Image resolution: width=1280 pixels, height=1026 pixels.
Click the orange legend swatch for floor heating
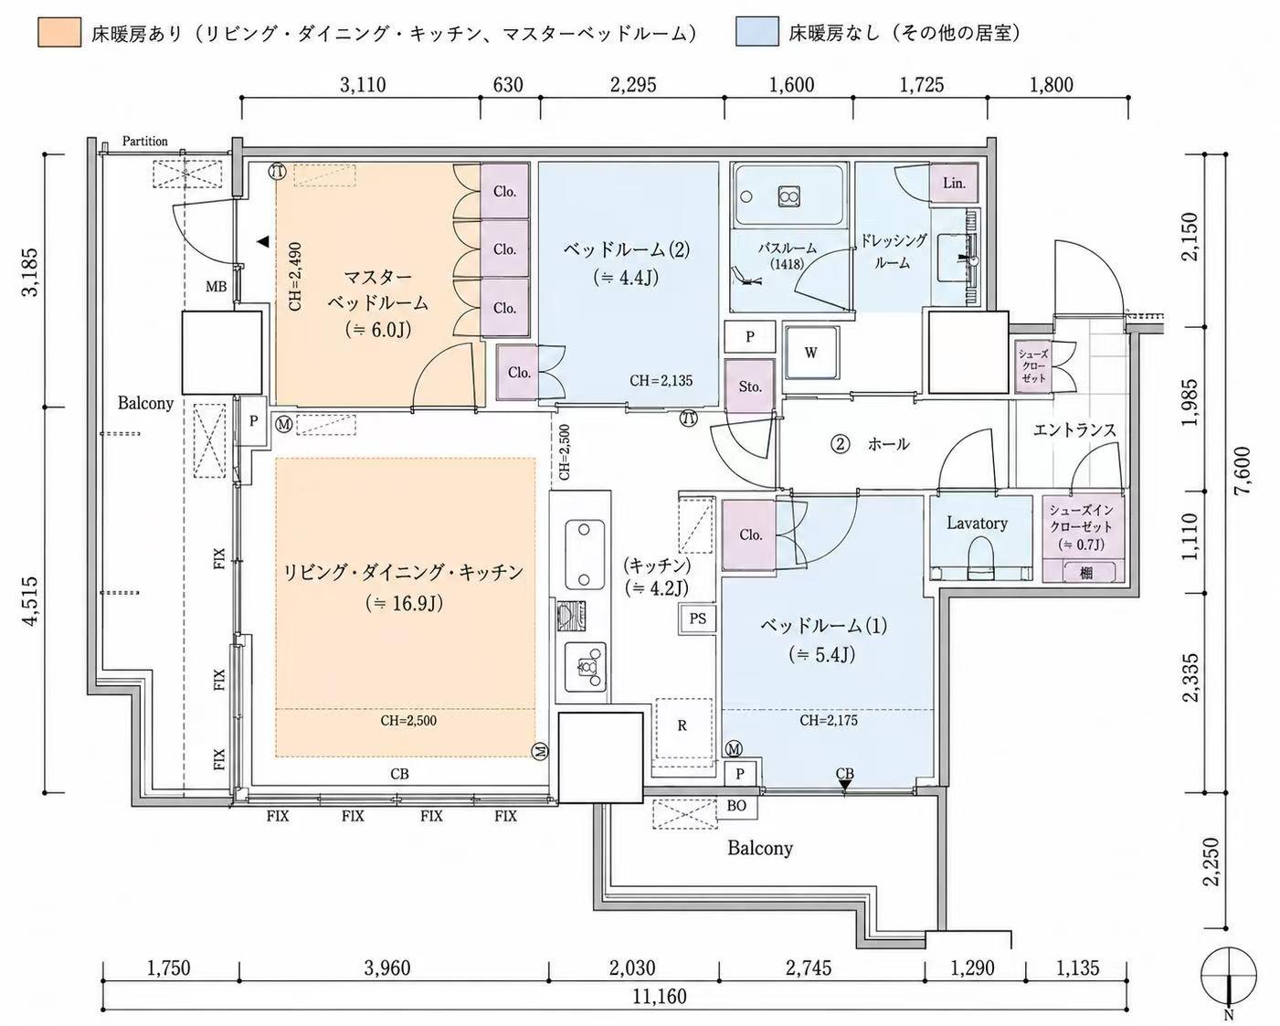[59, 32]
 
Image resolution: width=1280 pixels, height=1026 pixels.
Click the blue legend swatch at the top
[757, 32]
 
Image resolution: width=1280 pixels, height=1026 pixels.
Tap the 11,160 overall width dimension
[659, 996]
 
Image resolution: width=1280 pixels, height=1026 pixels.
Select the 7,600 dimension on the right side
[1243, 474]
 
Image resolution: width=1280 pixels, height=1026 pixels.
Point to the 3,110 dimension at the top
[363, 85]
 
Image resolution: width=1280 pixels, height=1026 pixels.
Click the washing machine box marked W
[810, 352]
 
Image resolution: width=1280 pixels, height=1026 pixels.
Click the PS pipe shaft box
[698, 619]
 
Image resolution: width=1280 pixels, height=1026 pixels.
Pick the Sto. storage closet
[750, 386]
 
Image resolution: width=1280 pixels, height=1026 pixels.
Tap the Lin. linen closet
[954, 184]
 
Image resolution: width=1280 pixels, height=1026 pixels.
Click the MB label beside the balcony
[216, 287]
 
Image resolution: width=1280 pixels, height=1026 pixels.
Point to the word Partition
[144, 141]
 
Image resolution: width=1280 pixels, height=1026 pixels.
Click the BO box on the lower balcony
[737, 805]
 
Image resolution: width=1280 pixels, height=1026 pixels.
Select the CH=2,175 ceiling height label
[829, 720]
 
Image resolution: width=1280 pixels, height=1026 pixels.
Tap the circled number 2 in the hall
[840, 444]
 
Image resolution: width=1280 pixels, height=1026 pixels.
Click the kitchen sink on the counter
[585, 554]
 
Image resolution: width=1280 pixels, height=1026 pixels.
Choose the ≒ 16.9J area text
[405, 604]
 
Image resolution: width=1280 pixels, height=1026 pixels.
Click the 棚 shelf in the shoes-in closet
[1085, 573]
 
